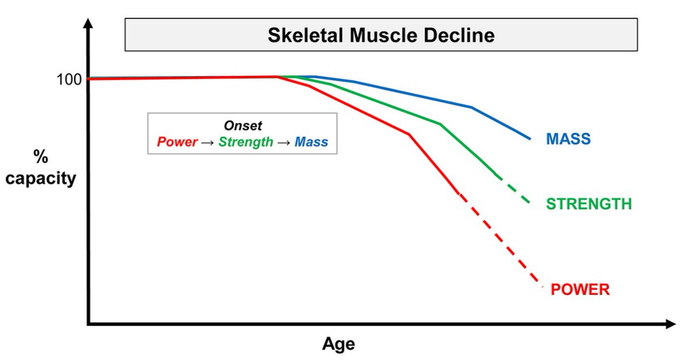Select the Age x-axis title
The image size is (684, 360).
[x=339, y=344]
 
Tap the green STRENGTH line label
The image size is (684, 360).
[x=588, y=204]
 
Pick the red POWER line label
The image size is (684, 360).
[x=580, y=289]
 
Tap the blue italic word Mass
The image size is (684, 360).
[x=311, y=142]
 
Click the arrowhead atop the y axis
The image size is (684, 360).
[x=88, y=24]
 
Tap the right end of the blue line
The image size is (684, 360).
[x=530, y=138]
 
